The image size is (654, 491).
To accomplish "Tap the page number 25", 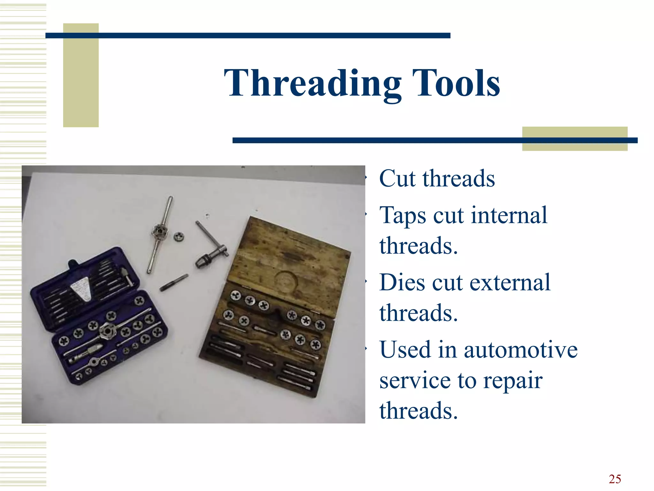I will [x=615, y=479].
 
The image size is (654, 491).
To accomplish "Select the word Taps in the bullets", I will [x=403, y=215].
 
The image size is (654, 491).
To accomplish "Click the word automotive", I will [x=521, y=350].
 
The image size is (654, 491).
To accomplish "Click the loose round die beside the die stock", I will [x=179, y=237].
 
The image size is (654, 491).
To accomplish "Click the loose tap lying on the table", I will [x=174, y=283].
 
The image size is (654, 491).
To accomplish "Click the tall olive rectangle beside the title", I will [x=81, y=75].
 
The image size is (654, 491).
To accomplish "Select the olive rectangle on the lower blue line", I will [x=574, y=138].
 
